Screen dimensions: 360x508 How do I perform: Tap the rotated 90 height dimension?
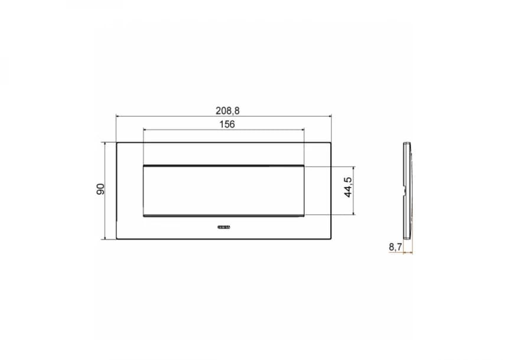(x=101, y=190)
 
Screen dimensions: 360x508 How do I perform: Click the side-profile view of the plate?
(x=406, y=190)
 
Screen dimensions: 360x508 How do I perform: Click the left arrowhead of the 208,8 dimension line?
(x=118, y=116)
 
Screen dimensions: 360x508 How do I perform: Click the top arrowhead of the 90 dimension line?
(x=106, y=144)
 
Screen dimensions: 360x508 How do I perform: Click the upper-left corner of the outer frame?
(x=117, y=142)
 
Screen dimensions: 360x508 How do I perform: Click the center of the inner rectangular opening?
(x=223, y=190)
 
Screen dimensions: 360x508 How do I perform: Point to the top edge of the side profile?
(x=407, y=142)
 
